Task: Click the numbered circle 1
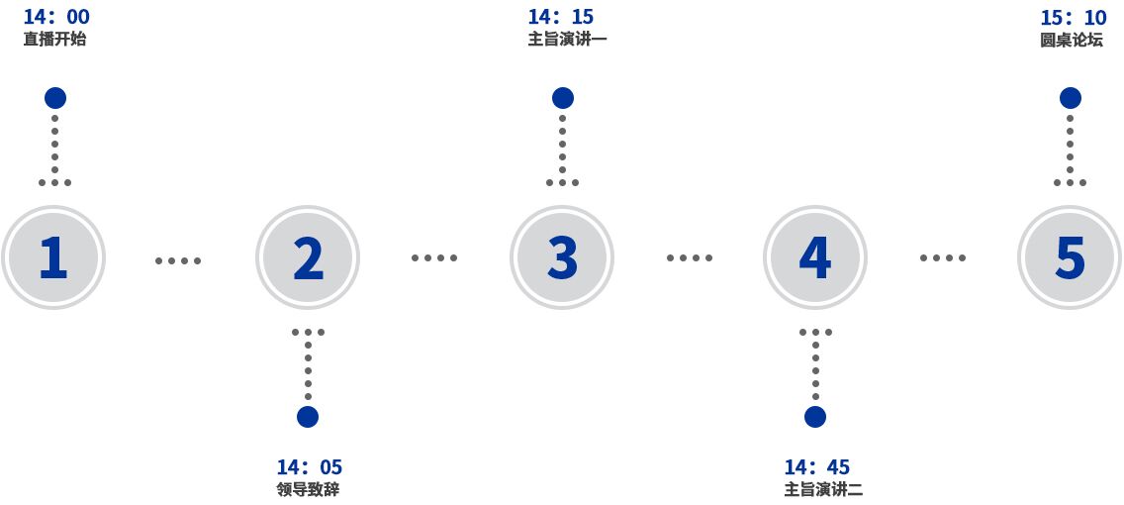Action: [53, 257]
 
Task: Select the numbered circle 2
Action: [308, 257]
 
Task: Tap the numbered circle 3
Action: [562, 257]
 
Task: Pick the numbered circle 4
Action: [815, 257]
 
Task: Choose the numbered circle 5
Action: [1070, 257]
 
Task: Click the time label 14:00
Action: [56, 17]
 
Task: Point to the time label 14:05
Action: [310, 467]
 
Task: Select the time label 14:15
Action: [561, 17]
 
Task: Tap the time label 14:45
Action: [817, 467]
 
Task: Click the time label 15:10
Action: [1074, 17]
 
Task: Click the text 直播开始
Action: [54, 40]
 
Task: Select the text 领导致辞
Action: [308, 491]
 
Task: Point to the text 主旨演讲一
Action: [568, 40]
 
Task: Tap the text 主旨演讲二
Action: [823, 491]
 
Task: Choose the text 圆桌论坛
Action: [1071, 40]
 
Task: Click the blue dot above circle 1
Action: [55, 98]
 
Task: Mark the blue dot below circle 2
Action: [308, 417]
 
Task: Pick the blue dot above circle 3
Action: [563, 98]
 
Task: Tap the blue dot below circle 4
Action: [815, 417]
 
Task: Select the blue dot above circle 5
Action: [1071, 98]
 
